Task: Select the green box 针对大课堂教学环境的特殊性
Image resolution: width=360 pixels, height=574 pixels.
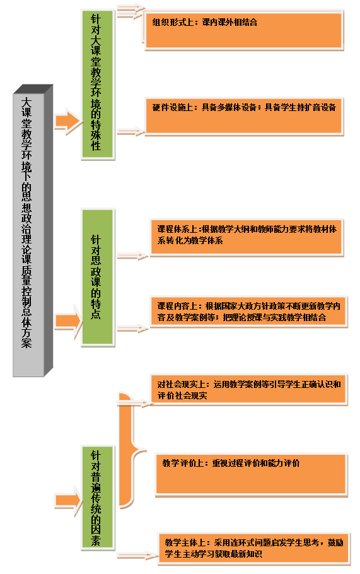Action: (98, 85)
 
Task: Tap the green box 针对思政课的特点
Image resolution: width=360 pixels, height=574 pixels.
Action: (98, 278)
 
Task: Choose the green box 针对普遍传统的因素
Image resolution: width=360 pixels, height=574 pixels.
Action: (98, 498)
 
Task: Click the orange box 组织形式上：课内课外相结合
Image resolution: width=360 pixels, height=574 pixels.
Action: (243, 30)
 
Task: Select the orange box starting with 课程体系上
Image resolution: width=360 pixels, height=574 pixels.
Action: (247, 237)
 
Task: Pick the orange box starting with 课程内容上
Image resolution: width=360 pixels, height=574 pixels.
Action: (248, 312)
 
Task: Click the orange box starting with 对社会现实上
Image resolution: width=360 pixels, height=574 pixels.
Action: (248, 390)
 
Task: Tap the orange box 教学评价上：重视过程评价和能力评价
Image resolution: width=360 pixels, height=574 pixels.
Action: (251, 475)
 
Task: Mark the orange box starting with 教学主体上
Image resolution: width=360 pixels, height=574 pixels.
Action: (254, 548)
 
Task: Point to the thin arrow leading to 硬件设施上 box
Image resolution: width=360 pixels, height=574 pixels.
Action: (131, 132)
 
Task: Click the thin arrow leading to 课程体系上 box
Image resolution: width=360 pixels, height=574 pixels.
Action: (133, 256)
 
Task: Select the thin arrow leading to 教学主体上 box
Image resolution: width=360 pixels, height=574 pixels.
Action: (138, 556)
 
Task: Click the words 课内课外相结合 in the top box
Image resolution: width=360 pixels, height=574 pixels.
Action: (229, 22)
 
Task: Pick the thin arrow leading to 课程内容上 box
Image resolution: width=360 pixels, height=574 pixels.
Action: (133, 329)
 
